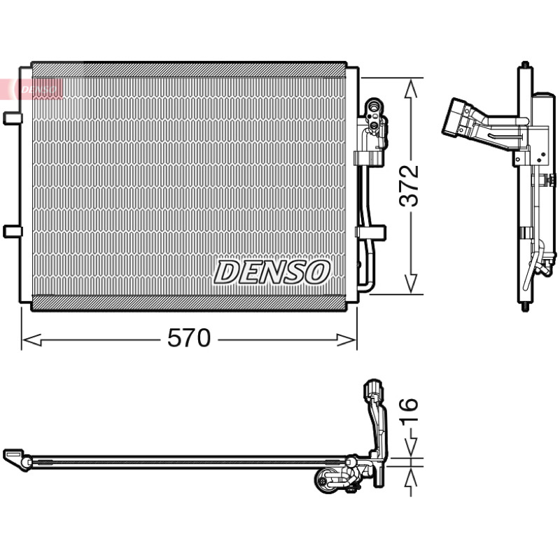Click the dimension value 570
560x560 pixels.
[x=189, y=338]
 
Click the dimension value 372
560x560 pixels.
[x=409, y=185]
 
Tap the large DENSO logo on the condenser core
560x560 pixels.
[x=272, y=272]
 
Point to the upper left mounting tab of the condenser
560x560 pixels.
[x=13, y=118]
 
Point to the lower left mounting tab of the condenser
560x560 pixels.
[x=13, y=232]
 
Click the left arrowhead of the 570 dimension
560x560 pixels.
[x=31, y=340]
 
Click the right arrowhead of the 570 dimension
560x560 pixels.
[x=346, y=340]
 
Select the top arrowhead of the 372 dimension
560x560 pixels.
[x=411, y=88]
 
